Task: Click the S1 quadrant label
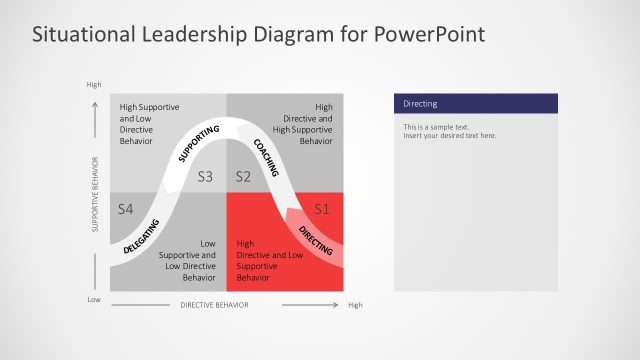coord(322,209)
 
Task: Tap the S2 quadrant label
coord(243,177)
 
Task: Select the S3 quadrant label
coord(206,177)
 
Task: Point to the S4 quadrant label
coord(126,209)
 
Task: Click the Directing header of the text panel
coord(420,104)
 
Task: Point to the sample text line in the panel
coord(436,127)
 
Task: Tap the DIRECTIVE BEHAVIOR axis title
coord(214,304)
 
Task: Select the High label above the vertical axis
coord(94,84)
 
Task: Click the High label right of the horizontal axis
coord(355,304)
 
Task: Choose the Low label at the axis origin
coord(94,299)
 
